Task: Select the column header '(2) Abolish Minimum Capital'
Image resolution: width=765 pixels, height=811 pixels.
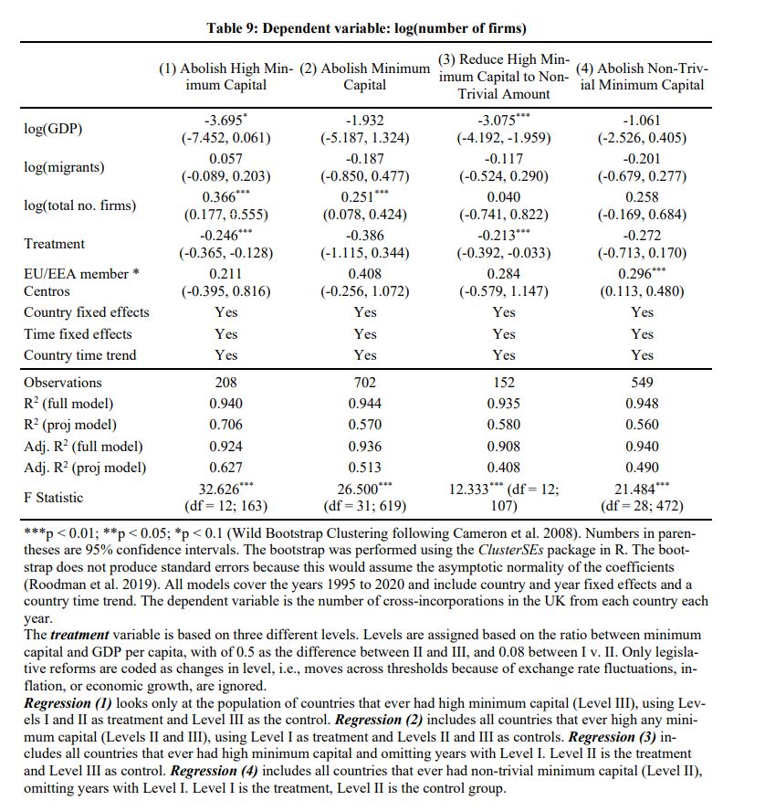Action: pyautogui.click(x=365, y=77)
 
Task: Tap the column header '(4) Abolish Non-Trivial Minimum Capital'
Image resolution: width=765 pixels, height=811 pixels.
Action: pyautogui.click(x=643, y=77)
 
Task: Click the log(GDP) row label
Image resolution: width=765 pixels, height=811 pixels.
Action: pyautogui.click(x=53, y=129)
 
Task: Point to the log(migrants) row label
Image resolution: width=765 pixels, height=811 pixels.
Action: pyautogui.click(x=64, y=167)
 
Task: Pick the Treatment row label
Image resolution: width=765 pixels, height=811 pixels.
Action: pyautogui.click(x=54, y=244)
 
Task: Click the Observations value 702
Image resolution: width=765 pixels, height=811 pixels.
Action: pyautogui.click(x=365, y=383)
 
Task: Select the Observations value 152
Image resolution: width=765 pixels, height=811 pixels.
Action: pyautogui.click(x=504, y=383)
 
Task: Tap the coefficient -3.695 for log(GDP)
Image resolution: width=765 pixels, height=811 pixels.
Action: pyautogui.click(x=224, y=120)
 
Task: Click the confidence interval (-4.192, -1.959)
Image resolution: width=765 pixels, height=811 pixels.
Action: pyautogui.click(x=504, y=140)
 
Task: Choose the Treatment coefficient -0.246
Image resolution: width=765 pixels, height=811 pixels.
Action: pyautogui.click(x=224, y=235)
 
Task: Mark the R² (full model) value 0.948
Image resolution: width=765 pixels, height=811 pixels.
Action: pyautogui.click(x=643, y=404)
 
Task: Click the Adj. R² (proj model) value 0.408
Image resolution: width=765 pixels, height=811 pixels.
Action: pyautogui.click(x=504, y=468)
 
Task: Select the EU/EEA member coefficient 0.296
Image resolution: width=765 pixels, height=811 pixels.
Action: pyautogui.click(x=639, y=273)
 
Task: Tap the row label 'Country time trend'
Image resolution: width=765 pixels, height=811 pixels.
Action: pyautogui.click(x=80, y=355)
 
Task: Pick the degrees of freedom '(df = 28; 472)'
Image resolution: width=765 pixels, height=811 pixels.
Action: pyautogui.click(x=643, y=505)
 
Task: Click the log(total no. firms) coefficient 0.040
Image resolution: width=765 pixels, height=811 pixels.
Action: pyautogui.click(x=504, y=197)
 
